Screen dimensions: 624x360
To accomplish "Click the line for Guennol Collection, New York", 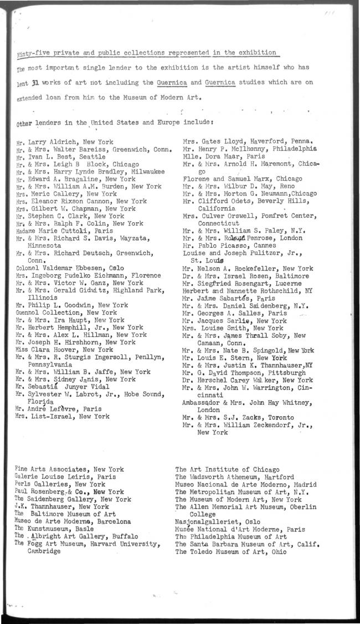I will point(66,313).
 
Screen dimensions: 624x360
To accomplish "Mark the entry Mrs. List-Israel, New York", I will point(62,416).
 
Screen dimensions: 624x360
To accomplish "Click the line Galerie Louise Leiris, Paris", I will point(65,477).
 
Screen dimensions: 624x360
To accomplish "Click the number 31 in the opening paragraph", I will point(34,83).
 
